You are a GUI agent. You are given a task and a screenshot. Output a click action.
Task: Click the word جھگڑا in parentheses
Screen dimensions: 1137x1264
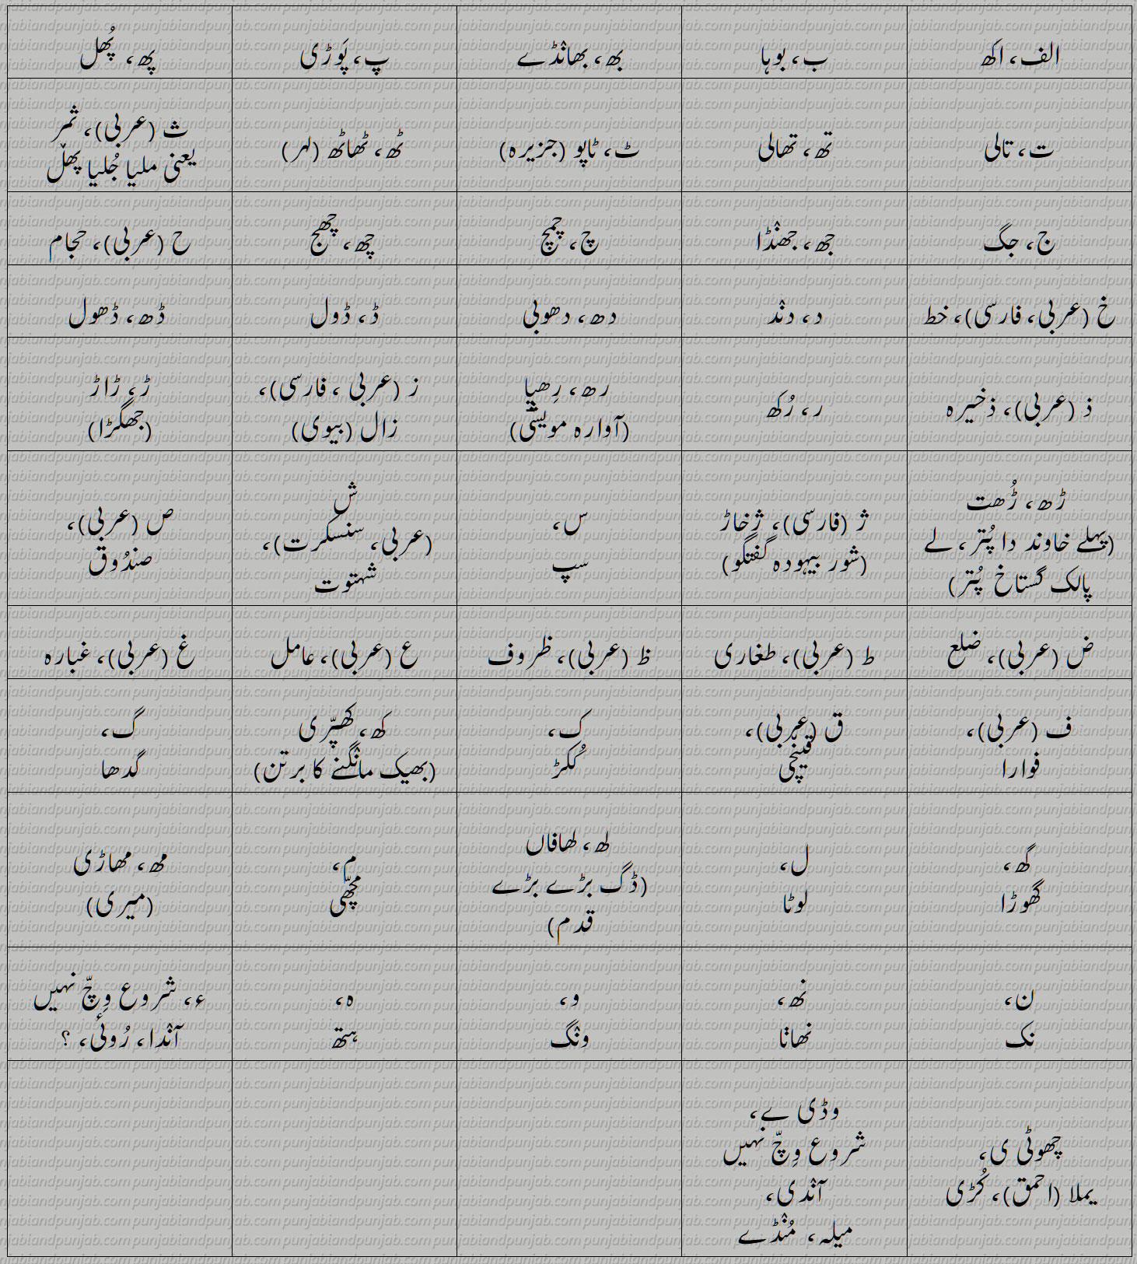coord(121,429)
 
